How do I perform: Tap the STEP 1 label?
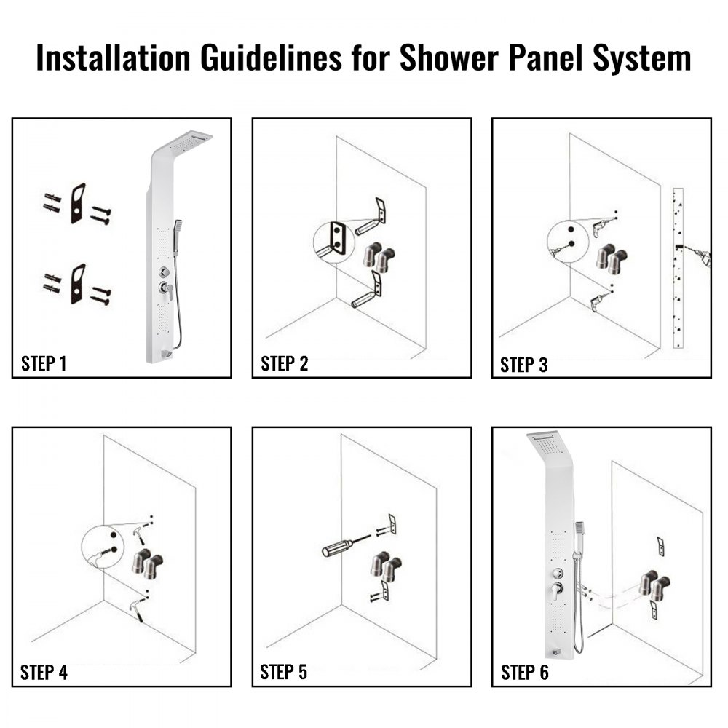pyautogui.click(x=44, y=364)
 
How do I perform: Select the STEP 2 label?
pyautogui.click(x=284, y=364)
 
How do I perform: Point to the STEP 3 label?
pyautogui.click(x=524, y=365)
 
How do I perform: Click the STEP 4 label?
pyautogui.click(x=44, y=673)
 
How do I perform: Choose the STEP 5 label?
pyautogui.click(x=284, y=673)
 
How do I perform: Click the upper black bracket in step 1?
pyautogui.click(x=78, y=202)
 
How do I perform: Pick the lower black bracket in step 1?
pyautogui.click(x=78, y=283)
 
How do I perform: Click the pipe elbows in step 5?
pyautogui.click(x=383, y=565)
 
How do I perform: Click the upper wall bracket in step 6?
pyautogui.click(x=660, y=545)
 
